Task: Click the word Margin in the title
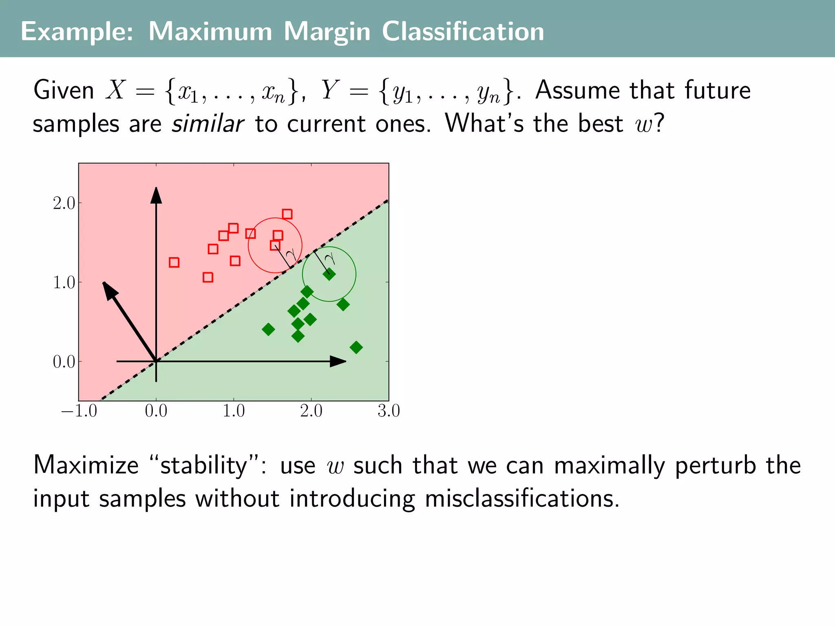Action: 327,32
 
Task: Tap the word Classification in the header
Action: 463,32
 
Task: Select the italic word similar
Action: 208,124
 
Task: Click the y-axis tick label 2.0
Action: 64,203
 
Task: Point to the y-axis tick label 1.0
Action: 64,282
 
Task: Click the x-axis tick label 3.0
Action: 389,411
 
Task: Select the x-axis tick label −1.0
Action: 79,411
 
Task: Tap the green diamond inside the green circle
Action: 329,274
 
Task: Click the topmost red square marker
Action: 287,214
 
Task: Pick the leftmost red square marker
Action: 174,262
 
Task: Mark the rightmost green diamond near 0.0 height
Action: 356,347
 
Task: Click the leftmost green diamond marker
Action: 268,329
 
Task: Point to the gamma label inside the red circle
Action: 291,255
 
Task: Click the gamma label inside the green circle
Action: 330,258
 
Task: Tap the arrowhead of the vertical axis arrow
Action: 156,195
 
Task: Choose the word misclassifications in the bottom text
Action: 521,498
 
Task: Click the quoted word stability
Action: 203,465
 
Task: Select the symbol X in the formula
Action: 115,90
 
